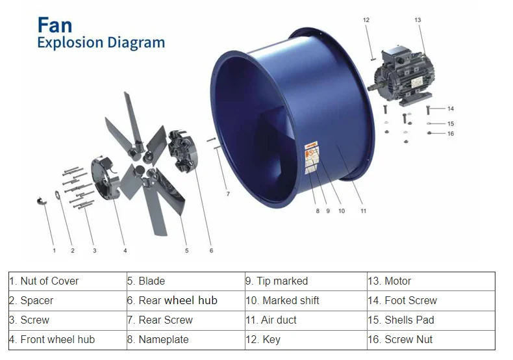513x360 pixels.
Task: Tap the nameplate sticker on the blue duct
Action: tap(312, 156)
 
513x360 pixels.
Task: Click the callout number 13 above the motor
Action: tap(418, 20)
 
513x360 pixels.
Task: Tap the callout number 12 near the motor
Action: tap(366, 20)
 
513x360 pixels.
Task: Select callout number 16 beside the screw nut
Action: tap(451, 134)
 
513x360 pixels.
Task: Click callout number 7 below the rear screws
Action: tap(227, 194)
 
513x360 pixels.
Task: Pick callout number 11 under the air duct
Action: tap(364, 211)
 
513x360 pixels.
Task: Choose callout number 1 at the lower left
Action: tap(54, 250)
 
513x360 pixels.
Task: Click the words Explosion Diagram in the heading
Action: tap(101, 44)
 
